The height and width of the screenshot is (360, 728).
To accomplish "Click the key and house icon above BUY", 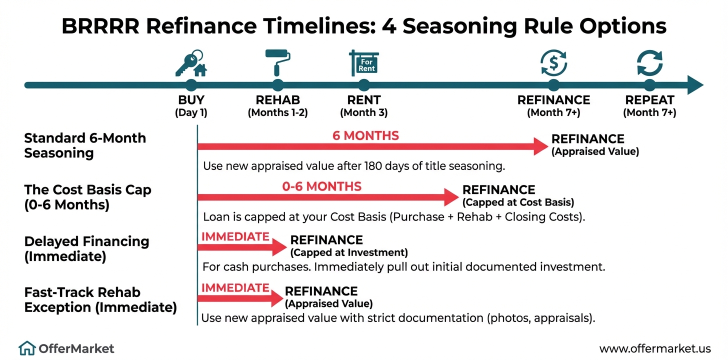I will [190, 62].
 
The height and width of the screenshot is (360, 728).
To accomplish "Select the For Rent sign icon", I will [364, 62].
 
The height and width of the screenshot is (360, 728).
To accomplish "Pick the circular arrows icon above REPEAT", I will [649, 63].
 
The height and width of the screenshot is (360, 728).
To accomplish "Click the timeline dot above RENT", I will [364, 85].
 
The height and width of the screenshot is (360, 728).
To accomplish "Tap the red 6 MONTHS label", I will [365, 135].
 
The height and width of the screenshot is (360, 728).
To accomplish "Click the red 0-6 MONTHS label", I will [321, 186].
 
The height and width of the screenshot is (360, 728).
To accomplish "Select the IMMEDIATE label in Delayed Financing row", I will [235, 236].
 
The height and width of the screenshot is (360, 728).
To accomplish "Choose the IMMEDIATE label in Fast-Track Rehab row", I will [235, 287].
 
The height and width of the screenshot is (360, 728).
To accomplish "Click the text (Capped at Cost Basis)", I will [518, 202].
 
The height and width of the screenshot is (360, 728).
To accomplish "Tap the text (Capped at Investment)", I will [349, 252].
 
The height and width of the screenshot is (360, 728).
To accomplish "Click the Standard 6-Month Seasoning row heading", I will [85, 145].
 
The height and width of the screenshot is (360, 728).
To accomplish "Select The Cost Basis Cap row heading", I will [87, 197].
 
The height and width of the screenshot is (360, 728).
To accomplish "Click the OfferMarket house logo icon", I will [27, 348].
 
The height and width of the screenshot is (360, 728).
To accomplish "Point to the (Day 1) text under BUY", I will [191, 112].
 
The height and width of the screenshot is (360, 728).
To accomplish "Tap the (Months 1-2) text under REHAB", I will [277, 112].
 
